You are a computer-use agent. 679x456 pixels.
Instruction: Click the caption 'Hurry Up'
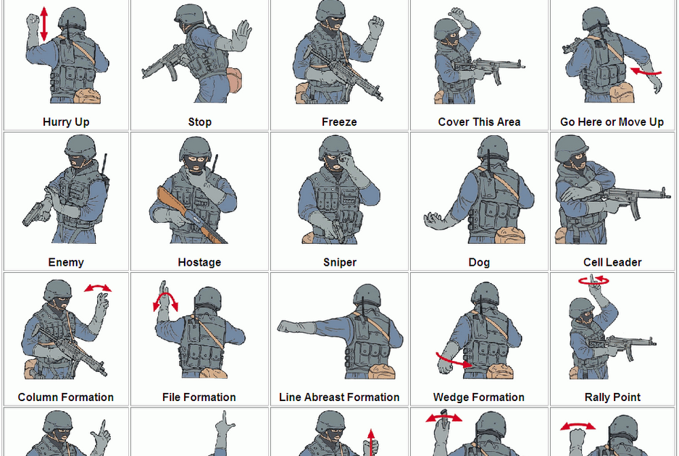click(66, 122)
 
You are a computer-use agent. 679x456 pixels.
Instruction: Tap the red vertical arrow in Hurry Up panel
click(44, 23)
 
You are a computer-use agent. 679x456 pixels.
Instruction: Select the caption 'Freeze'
click(339, 122)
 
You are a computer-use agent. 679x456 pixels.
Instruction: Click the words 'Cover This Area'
click(479, 122)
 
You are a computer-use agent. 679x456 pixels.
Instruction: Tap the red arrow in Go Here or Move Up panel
click(646, 71)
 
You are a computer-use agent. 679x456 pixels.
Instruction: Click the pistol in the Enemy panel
click(33, 211)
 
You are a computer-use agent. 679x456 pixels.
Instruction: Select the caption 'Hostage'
click(199, 262)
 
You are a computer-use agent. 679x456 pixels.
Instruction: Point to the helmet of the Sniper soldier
click(335, 148)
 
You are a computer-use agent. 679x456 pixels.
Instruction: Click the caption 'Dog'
click(479, 262)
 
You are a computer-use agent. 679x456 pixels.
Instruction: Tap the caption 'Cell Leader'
click(612, 262)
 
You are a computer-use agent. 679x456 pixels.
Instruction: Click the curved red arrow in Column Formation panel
click(98, 287)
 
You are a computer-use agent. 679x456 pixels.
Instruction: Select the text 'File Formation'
click(199, 397)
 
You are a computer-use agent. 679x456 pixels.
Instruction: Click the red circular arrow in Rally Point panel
click(593, 280)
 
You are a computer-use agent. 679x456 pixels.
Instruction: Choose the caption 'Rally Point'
click(612, 397)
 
